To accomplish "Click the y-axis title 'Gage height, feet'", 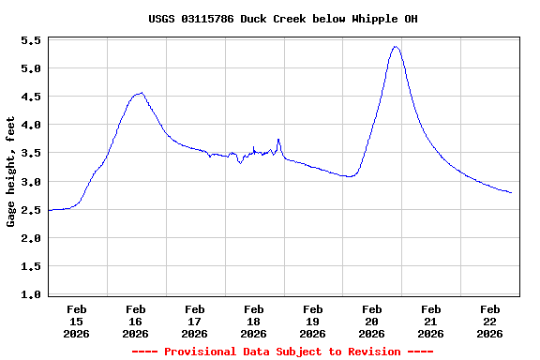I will [x=11, y=172].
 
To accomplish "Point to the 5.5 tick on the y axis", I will [x=30, y=41].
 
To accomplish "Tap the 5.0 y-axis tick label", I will [x=30, y=69].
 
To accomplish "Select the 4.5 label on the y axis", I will [x=30, y=97].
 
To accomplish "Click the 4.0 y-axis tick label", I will [x=30, y=126].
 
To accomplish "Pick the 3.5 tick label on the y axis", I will [x=30, y=154].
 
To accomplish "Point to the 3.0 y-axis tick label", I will [x=30, y=182].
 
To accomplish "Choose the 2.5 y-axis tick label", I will [x=30, y=210].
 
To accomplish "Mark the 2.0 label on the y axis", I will [x=30, y=238].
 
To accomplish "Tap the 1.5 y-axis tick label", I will [x=30, y=266].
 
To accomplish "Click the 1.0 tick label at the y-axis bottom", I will [x=30, y=294].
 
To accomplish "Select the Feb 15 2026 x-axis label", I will [x=77, y=321].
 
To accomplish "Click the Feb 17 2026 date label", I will [x=195, y=321].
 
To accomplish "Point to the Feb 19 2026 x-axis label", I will [x=313, y=321].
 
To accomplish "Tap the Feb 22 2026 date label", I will [x=489, y=321].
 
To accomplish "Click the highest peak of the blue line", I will [x=396, y=46].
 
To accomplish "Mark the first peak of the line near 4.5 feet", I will [x=141, y=93].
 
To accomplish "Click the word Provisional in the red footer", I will [x=202, y=352].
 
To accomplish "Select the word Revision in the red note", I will [x=374, y=352].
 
